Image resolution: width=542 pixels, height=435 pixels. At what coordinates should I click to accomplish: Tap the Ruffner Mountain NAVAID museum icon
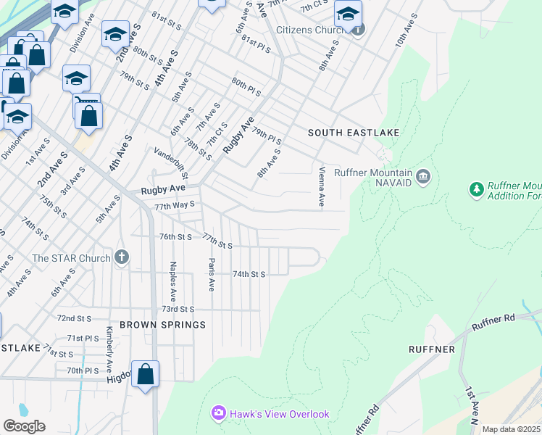(x=424, y=175)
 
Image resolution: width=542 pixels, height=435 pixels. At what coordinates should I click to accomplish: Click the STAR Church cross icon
(x=122, y=257)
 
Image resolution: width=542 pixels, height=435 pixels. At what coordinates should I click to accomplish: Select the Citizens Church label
(x=312, y=30)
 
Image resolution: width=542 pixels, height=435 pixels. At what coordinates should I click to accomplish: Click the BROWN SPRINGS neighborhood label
(x=163, y=325)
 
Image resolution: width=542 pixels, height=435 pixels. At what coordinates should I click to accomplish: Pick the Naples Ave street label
(x=172, y=281)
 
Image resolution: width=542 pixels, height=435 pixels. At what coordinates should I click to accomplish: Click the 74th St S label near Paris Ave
(x=249, y=274)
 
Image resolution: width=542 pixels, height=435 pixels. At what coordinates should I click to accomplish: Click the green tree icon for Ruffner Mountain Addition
(x=477, y=190)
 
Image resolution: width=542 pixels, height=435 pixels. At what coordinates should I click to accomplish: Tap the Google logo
(x=24, y=426)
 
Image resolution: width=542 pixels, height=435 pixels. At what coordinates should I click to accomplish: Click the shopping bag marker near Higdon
(x=145, y=374)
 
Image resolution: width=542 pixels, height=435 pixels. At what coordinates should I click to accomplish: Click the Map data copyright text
(x=511, y=429)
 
